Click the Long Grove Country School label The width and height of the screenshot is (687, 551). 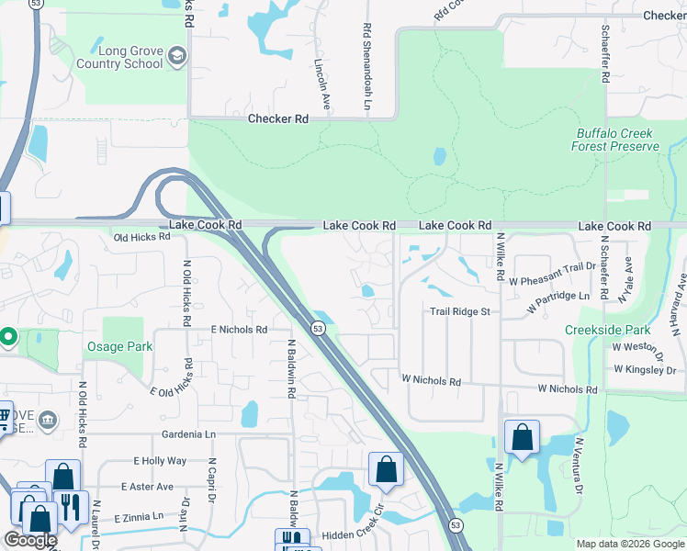click(119, 57)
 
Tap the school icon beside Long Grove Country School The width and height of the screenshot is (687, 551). click(177, 58)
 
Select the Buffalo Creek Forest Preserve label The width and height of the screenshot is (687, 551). click(615, 140)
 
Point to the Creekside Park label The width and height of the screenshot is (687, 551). click(607, 330)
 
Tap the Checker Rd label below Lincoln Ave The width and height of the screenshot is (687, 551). click(277, 118)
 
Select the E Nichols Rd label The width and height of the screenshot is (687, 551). click(239, 329)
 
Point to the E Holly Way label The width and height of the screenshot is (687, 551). click(160, 461)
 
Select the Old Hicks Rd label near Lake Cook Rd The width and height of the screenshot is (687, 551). click(142, 237)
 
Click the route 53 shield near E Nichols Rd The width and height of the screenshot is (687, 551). click(317, 328)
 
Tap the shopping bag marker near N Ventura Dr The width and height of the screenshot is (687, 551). click(522, 439)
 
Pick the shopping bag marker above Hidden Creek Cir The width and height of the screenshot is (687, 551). click(386, 470)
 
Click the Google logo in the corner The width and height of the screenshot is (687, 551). click(29, 540)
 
